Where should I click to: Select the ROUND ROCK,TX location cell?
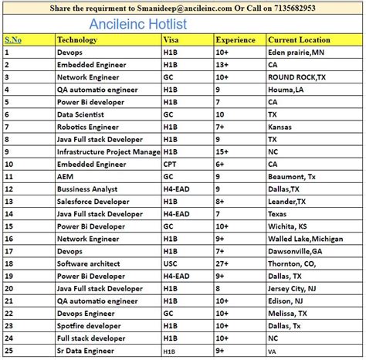(297, 76)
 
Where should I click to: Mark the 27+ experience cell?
(222, 263)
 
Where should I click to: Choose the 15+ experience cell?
(222, 151)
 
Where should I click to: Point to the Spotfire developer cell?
(90, 326)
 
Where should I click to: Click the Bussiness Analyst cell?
(87, 188)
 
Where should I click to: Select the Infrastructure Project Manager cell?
(108, 151)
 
